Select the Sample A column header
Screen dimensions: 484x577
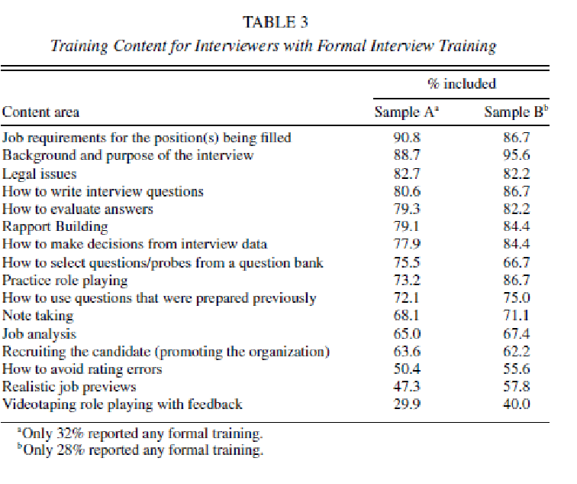(408, 112)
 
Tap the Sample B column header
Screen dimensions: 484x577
(517, 112)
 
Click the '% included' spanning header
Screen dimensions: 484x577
(462, 84)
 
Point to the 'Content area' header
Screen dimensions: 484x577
(41, 112)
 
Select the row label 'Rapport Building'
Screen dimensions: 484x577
(55, 226)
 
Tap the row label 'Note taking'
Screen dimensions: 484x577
(38, 315)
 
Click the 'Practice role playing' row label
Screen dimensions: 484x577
(65, 280)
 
